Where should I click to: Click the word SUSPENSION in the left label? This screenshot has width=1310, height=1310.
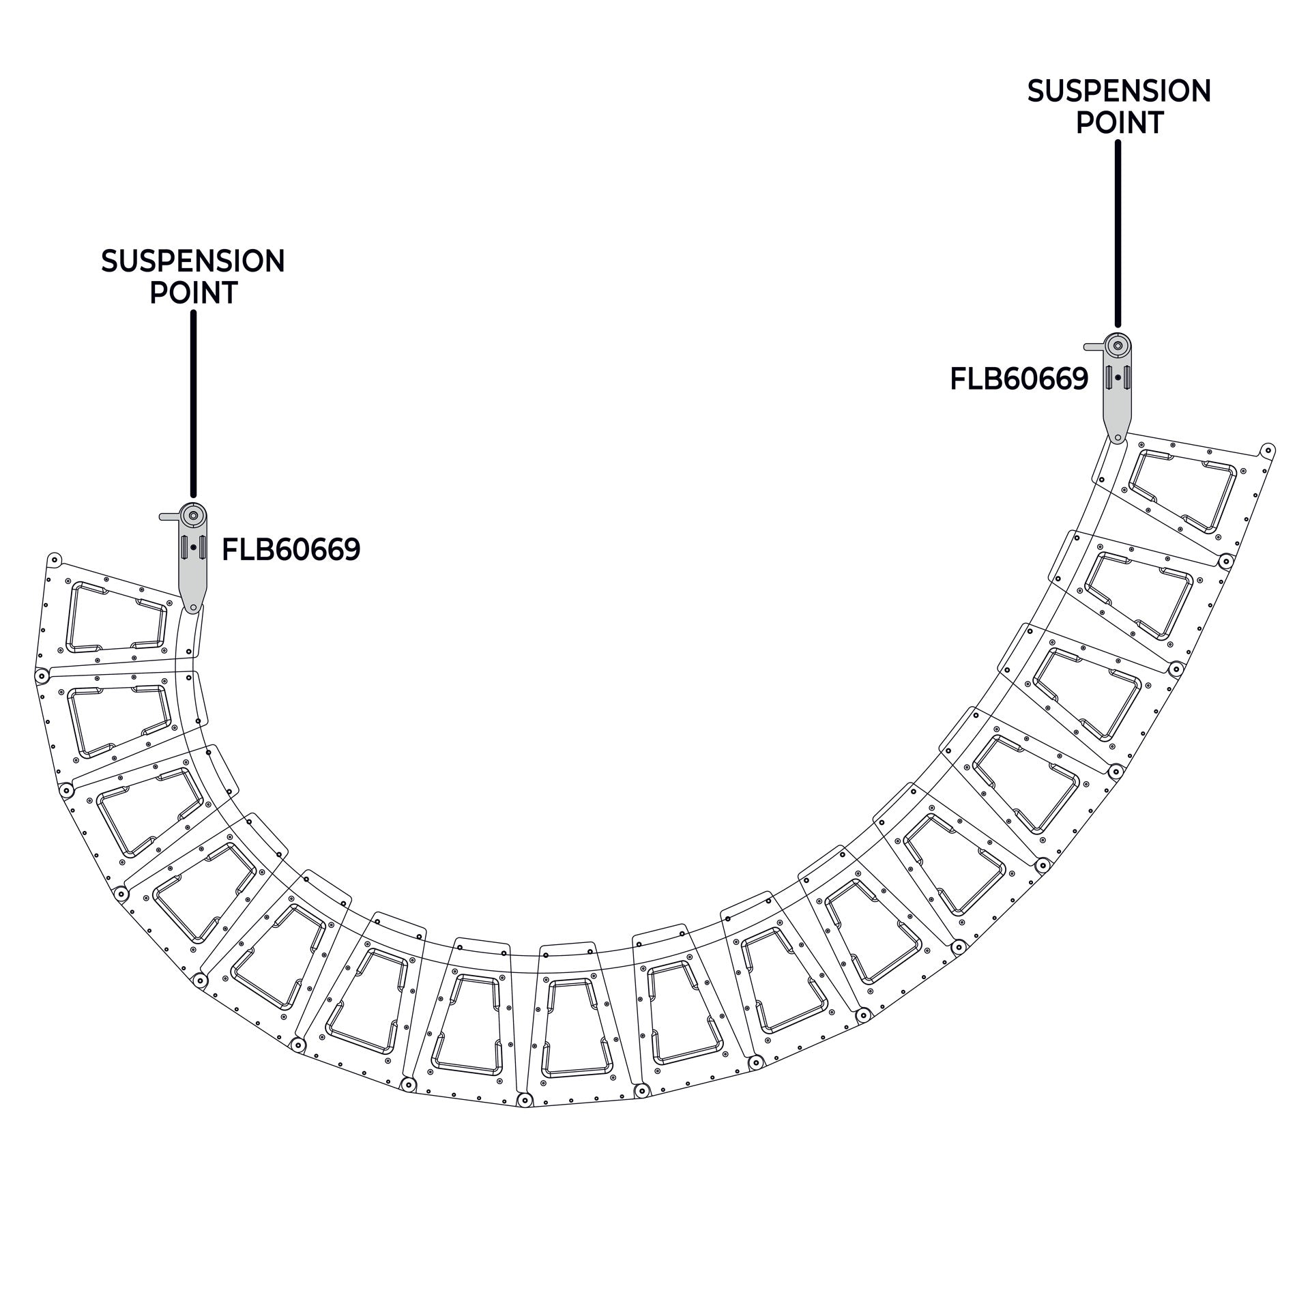click(x=193, y=261)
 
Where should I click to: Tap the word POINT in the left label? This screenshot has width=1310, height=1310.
click(x=193, y=293)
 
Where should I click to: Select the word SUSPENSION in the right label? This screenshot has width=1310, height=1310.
click(x=1119, y=91)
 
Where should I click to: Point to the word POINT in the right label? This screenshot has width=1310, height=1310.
click(x=1120, y=123)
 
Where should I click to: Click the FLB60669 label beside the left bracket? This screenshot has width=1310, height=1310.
click(x=291, y=549)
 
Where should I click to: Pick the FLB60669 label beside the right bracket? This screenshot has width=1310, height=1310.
click(x=1019, y=379)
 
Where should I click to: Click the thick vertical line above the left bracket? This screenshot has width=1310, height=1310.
click(x=193, y=404)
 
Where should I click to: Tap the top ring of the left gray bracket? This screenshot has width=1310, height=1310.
click(x=194, y=515)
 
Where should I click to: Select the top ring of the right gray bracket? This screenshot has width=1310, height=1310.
click(x=1118, y=345)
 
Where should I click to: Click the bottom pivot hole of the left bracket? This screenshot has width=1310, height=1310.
click(x=194, y=607)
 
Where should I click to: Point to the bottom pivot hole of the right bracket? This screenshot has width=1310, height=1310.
click(x=1118, y=437)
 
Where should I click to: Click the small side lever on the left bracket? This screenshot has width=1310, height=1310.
click(x=170, y=516)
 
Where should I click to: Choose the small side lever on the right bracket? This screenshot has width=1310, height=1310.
click(x=1094, y=347)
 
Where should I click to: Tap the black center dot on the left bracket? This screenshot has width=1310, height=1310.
click(x=194, y=547)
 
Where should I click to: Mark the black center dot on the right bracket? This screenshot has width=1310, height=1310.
click(x=1118, y=377)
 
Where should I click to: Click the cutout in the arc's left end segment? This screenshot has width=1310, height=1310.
click(x=117, y=617)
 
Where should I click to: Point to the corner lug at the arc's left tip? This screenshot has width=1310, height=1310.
click(x=55, y=560)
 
